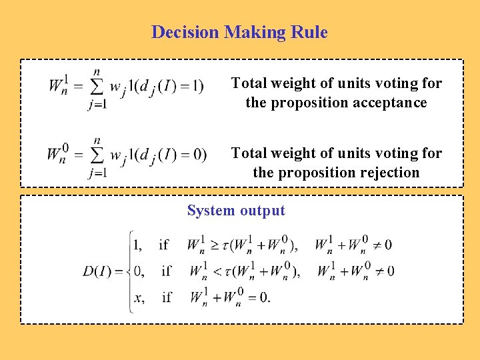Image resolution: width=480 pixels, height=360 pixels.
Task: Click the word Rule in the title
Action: tap(311, 32)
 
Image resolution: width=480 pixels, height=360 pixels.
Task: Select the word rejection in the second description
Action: tap(388, 173)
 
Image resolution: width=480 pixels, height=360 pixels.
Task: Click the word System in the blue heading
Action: tap(209, 211)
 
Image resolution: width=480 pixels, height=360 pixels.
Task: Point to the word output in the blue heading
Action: tap(263, 211)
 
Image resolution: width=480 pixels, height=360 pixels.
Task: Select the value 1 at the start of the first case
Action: tap(137, 245)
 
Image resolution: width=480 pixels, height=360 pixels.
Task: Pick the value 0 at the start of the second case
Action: tap(137, 271)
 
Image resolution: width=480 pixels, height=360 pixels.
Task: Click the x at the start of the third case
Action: tap(138, 297)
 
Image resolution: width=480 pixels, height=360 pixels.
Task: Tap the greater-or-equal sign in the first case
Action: tap(214, 245)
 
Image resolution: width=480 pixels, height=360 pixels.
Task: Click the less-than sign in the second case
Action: tap(215, 271)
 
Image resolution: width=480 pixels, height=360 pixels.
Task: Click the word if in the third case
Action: tap(167, 297)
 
